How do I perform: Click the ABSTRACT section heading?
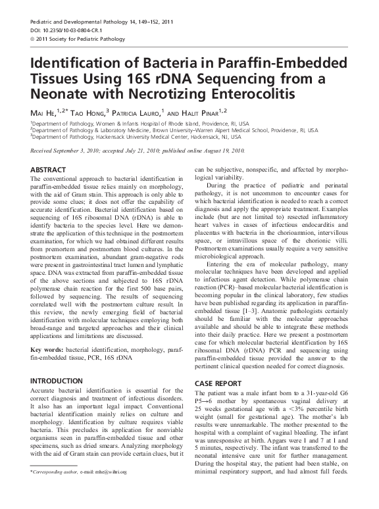53,170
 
